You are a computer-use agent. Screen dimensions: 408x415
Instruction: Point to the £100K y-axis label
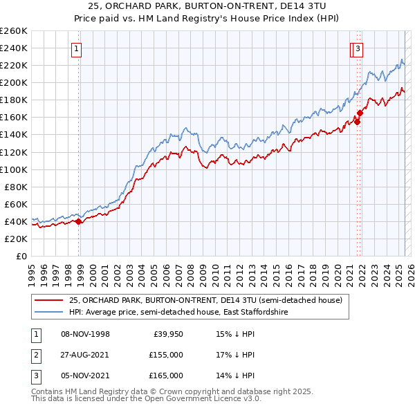click(14, 169)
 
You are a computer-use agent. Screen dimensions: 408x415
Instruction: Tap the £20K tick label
click(17, 239)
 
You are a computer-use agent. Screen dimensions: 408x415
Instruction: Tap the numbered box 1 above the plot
click(75, 48)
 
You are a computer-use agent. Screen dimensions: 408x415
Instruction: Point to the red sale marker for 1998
click(79, 221)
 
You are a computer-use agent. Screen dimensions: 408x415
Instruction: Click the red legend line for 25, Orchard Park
click(48, 301)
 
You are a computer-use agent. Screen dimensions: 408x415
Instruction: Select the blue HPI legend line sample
click(48, 313)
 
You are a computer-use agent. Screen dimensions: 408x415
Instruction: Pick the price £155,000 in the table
click(165, 355)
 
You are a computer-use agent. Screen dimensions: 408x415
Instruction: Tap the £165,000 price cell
click(165, 375)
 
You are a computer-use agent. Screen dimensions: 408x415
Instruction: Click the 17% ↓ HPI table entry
click(236, 355)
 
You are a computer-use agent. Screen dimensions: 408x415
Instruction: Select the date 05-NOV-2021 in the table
click(86, 375)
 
